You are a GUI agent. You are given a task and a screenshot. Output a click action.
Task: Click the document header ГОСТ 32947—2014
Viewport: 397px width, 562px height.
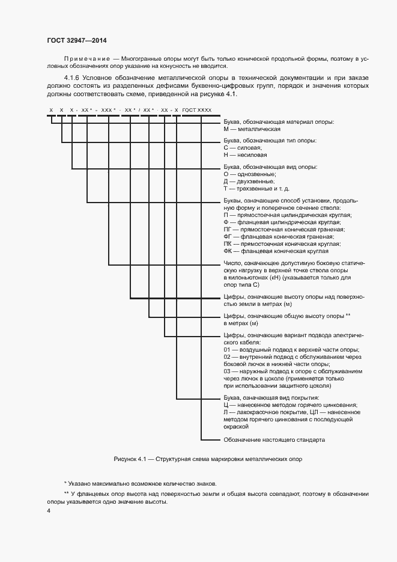[x=77, y=40]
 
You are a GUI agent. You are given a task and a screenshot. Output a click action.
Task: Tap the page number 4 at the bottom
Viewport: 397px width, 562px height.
[x=49, y=511]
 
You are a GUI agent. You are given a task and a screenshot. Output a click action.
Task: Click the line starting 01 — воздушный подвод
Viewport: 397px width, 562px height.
[x=291, y=350]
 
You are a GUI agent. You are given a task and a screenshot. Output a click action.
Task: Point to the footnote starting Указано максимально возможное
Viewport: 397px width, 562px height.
[x=140, y=483]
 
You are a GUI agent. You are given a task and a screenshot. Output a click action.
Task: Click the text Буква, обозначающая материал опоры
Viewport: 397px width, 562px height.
[x=279, y=121]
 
